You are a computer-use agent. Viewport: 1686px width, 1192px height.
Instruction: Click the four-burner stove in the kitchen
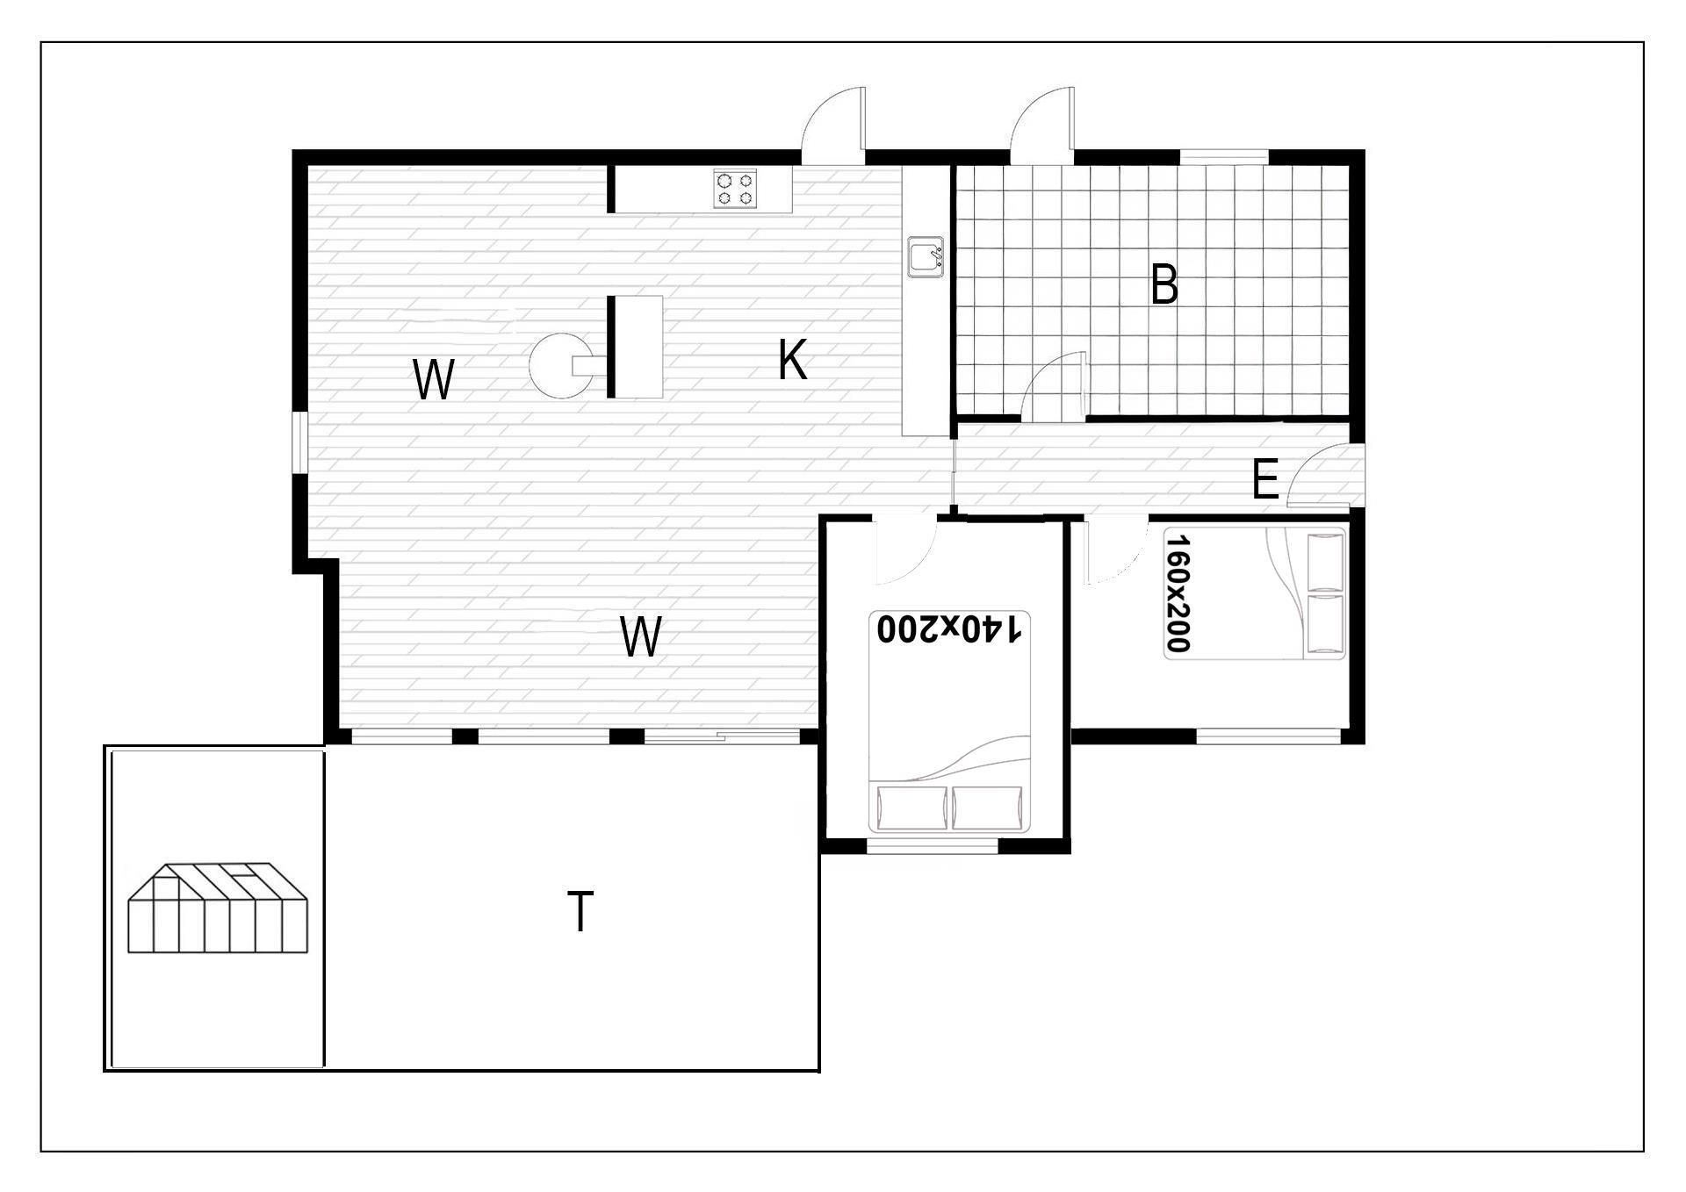[736, 189]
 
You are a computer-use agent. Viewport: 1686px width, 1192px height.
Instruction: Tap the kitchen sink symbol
[926, 257]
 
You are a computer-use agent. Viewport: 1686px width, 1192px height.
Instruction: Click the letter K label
[792, 360]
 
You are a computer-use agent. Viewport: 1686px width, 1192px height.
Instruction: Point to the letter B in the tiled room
[1164, 285]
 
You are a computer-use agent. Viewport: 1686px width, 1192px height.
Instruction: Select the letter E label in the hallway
[1264, 480]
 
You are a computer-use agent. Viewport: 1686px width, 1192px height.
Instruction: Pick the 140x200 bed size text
[949, 628]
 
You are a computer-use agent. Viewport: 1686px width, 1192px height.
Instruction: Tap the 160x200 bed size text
[1178, 593]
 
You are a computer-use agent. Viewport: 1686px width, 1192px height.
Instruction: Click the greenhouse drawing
[218, 908]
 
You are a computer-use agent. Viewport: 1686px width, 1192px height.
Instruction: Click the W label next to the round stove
[434, 380]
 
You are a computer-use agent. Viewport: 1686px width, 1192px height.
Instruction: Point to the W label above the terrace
[640, 636]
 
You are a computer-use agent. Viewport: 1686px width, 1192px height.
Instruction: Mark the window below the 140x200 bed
[933, 846]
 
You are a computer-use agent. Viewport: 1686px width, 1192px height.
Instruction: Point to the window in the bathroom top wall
[1224, 156]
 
